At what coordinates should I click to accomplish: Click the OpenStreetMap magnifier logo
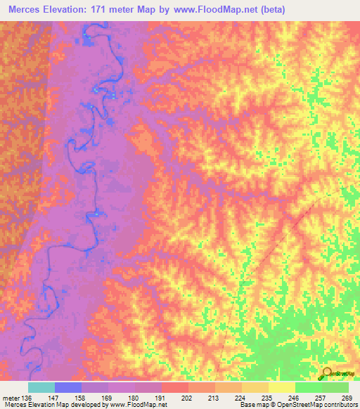click(x=328, y=372)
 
